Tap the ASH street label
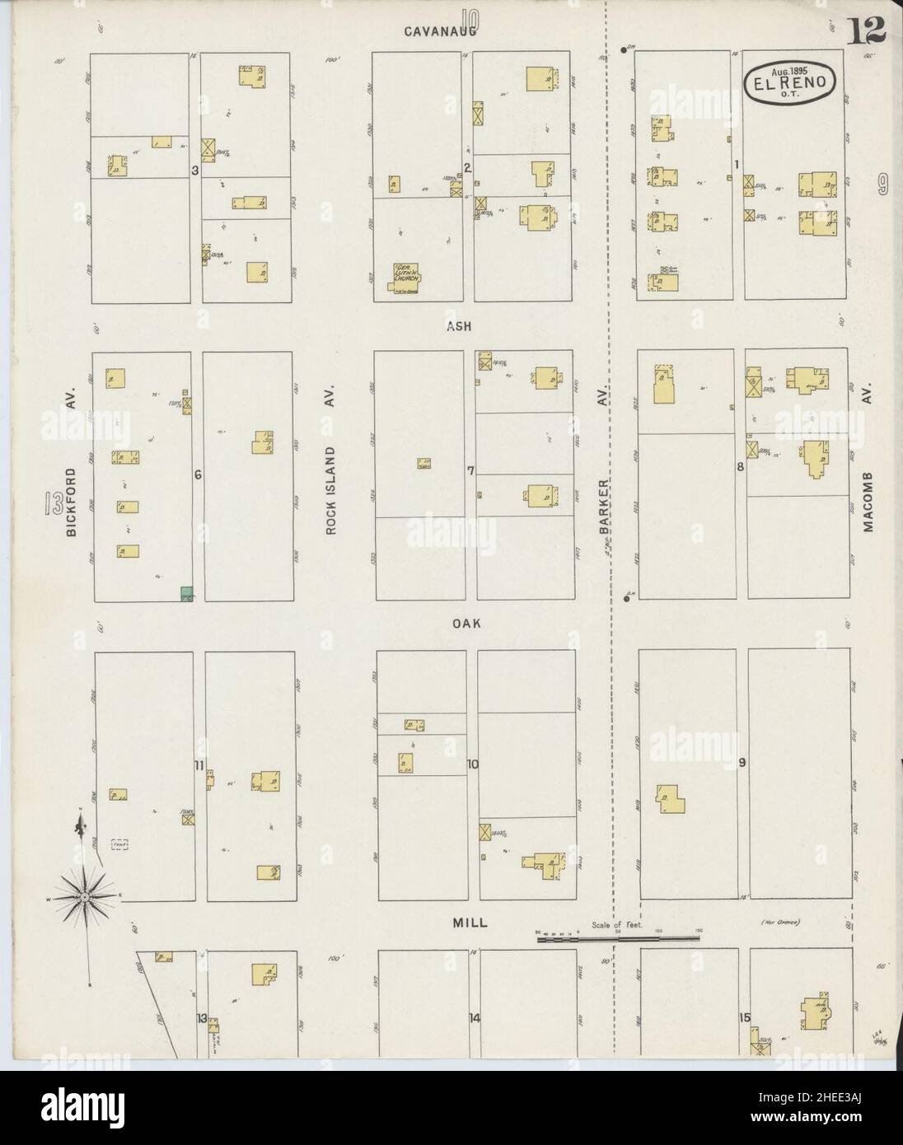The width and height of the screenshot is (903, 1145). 459,326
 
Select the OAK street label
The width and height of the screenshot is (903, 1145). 466,624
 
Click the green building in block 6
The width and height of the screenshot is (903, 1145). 187,593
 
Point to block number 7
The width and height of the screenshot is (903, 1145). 470,471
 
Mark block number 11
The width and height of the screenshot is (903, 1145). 199,765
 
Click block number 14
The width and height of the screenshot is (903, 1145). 474,1018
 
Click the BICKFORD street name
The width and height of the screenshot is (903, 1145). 72,502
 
